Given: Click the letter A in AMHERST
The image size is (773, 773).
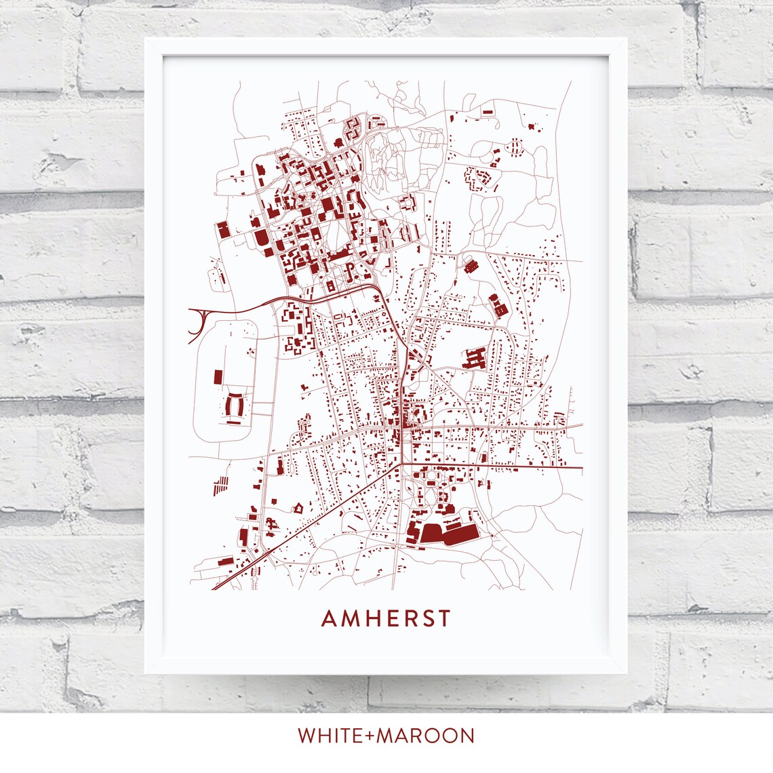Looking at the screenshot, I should pyautogui.click(x=328, y=618).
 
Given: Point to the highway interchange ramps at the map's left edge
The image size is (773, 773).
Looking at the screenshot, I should pyautogui.click(x=198, y=322).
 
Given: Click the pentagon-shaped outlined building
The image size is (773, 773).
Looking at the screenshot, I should pyautogui.click(x=297, y=507).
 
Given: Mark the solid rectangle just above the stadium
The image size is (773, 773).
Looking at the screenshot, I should pyautogui.click(x=218, y=377).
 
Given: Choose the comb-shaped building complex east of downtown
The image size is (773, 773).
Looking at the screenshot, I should pyautogui.click(x=474, y=359).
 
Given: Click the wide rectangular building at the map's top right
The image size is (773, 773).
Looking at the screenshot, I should pyautogui.click(x=488, y=111).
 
